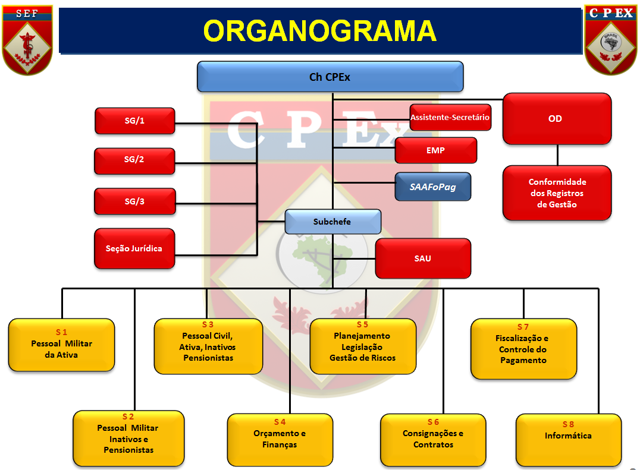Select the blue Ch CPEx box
click(x=330, y=77)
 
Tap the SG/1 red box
click(x=134, y=121)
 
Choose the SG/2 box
click(x=134, y=160)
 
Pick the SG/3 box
click(x=134, y=201)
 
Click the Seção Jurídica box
click(x=134, y=248)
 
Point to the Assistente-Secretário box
click(x=450, y=118)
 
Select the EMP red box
click(x=435, y=150)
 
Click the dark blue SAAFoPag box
click(x=432, y=187)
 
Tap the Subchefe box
click(x=332, y=222)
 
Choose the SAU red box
click(x=422, y=258)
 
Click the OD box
click(x=557, y=119)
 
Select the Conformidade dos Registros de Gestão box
click(x=557, y=193)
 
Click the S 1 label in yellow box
click(x=61, y=332)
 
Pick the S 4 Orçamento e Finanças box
click(x=280, y=439)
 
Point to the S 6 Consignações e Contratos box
click(x=432, y=439)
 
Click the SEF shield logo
click(x=27, y=39)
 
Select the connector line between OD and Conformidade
click(x=557, y=155)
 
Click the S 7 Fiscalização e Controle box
click(x=523, y=349)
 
